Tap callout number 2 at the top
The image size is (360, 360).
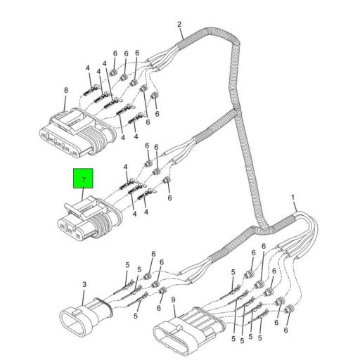tap(180, 25)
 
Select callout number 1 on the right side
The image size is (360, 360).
tap(293, 198)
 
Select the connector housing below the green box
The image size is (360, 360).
tap(88, 217)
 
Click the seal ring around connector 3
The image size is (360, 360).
tap(102, 307)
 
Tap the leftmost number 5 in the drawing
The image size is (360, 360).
tap(127, 265)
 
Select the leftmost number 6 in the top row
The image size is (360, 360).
tap(115, 53)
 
